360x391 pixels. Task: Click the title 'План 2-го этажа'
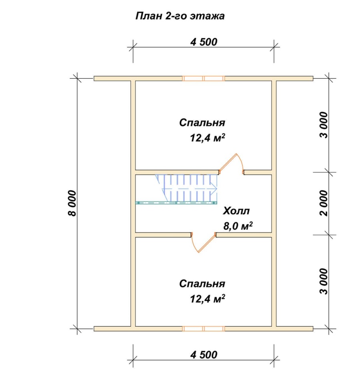(x=180, y=16)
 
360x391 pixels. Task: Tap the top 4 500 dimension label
(x=204, y=42)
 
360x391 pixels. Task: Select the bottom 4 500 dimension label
(x=204, y=355)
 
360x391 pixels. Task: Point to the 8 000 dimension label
(x=72, y=203)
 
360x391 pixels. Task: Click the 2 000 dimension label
(x=324, y=203)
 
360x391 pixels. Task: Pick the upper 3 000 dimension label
(x=324, y=125)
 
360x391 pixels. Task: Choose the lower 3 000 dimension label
(x=324, y=281)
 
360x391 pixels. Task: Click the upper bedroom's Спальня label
(x=202, y=123)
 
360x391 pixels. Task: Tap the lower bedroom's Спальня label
(x=202, y=284)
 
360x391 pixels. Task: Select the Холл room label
(x=236, y=211)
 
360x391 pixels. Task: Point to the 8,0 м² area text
(x=238, y=226)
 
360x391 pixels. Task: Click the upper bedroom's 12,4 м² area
(x=208, y=138)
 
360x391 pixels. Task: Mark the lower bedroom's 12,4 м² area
(x=208, y=299)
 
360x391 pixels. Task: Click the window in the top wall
(x=204, y=78)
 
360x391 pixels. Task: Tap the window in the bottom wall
(x=204, y=329)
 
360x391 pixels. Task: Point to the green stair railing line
(x=176, y=203)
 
